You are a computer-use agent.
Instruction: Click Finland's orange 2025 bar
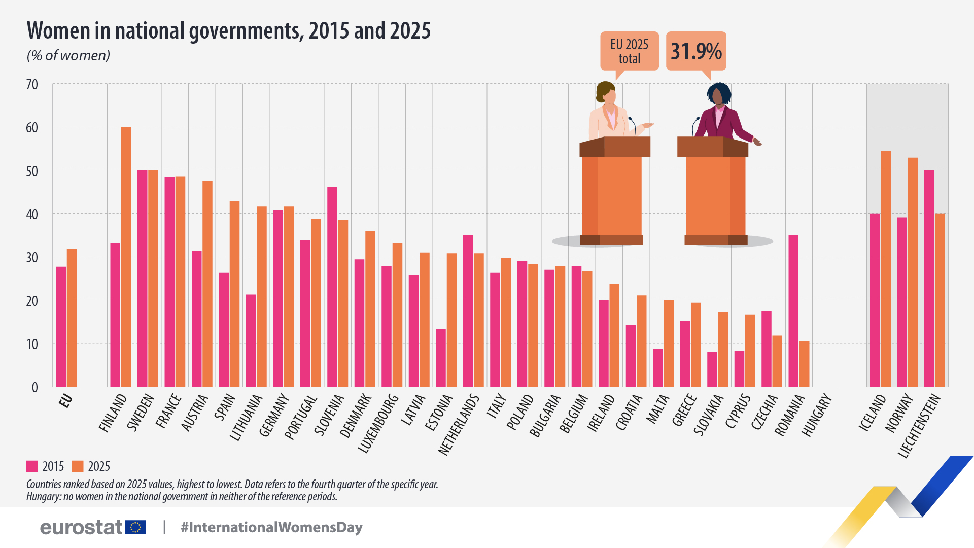126,256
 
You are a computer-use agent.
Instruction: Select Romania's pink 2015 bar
793,311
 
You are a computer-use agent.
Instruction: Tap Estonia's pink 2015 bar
441,358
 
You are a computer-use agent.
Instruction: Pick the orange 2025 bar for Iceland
886,268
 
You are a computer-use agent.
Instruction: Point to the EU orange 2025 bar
72,318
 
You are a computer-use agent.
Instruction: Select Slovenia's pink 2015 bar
332,287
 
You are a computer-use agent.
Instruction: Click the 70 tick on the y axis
32,85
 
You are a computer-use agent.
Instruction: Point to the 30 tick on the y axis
32,258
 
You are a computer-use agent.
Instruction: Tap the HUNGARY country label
817,416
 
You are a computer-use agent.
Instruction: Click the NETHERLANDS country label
458,425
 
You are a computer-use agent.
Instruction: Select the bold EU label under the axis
65,401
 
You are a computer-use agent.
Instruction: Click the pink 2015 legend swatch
32,466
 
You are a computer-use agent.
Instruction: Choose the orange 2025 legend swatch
78,466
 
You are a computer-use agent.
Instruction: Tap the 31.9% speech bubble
696,51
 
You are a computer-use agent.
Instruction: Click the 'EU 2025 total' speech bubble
629,51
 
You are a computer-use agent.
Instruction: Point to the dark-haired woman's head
718,94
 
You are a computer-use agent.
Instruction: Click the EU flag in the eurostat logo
135,527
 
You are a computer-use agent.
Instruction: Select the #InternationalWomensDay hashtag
271,527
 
